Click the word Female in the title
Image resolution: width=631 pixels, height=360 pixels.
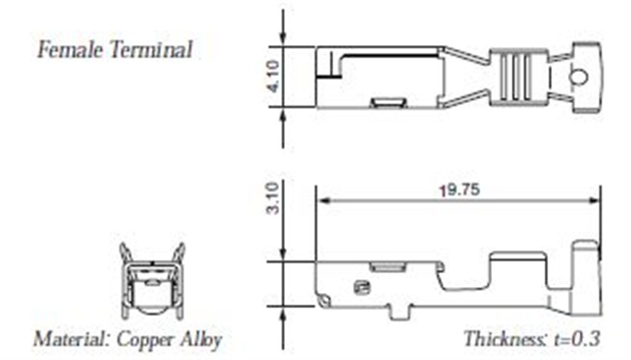(70, 50)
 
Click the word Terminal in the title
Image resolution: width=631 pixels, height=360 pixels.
(151, 50)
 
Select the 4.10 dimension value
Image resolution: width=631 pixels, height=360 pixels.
(273, 77)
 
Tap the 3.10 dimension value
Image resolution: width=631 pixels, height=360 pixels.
(273, 198)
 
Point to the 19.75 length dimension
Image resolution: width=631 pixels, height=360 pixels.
(459, 189)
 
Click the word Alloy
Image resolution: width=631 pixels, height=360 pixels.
(201, 340)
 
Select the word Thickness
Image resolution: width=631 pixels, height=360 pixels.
(505, 338)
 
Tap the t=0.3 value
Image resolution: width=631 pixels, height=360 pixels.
(577, 339)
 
